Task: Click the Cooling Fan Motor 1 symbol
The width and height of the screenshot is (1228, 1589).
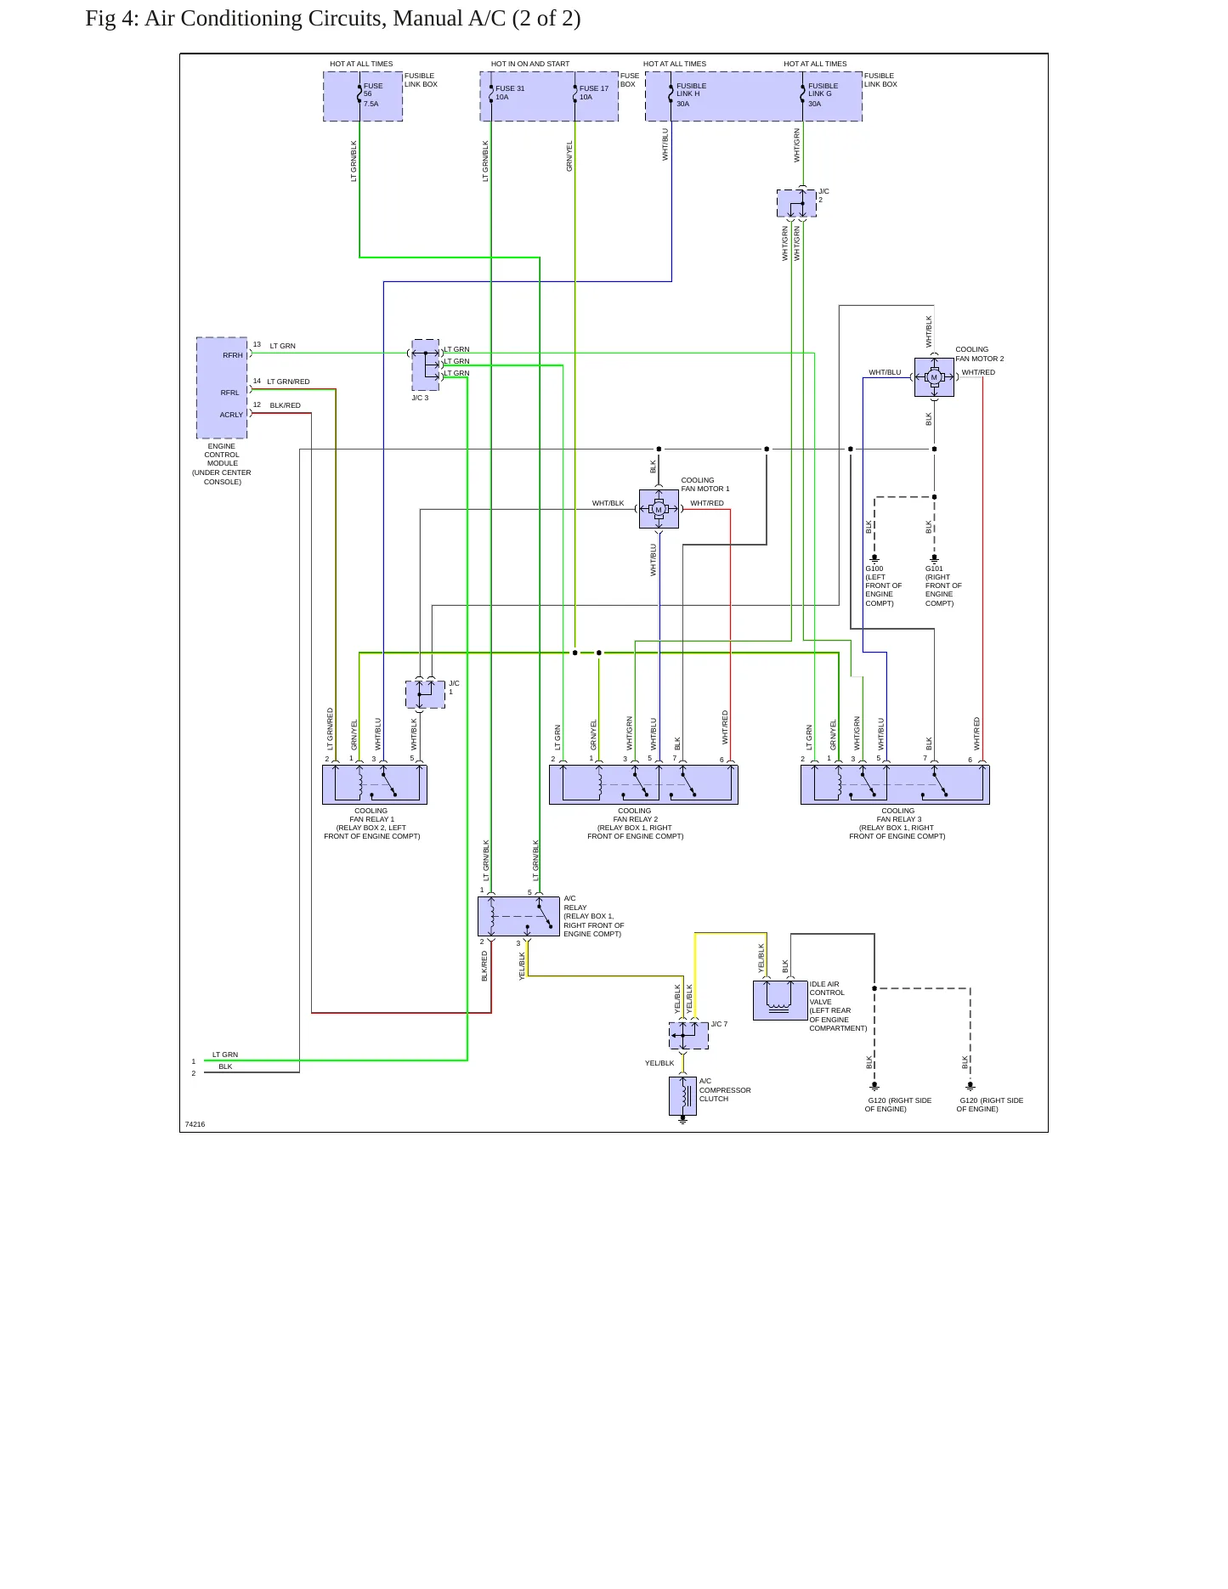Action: click(659, 509)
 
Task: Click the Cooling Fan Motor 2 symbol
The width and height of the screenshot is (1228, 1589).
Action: click(934, 377)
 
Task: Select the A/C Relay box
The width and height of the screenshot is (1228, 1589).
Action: click(518, 916)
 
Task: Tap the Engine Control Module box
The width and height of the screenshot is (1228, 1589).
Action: click(222, 387)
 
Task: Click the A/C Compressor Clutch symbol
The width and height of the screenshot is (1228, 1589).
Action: click(682, 1096)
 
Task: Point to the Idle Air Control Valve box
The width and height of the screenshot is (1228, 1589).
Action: click(780, 1000)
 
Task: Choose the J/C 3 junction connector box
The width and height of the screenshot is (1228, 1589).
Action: click(426, 365)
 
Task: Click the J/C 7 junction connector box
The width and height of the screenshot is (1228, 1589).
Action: click(688, 1036)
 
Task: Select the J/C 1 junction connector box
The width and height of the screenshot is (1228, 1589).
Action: click(425, 694)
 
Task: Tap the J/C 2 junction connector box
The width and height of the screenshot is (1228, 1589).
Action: click(796, 203)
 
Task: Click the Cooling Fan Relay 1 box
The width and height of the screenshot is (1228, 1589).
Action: click(375, 784)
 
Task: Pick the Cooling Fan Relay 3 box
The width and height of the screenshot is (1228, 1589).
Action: click(895, 784)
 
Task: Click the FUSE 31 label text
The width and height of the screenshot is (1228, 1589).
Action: click(510, 88)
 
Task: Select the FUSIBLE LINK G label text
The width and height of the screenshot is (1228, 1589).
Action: click(823, 90)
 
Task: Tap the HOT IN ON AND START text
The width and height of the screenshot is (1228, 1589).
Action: click(530, 64)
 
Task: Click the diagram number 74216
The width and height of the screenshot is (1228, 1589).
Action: click(195, 1124)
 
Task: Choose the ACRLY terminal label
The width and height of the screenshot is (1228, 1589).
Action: click(231, 415)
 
